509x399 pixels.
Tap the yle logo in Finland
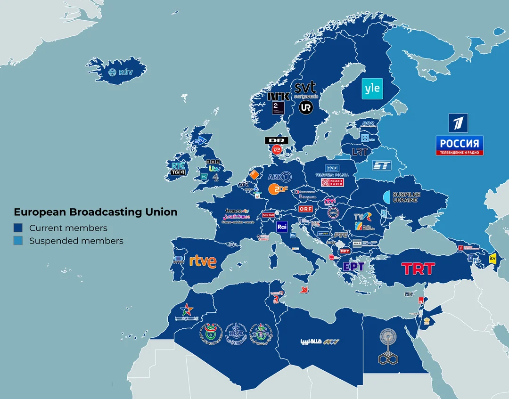point(372,89)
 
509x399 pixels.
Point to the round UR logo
point(306,107)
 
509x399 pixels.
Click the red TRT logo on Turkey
point(418,269)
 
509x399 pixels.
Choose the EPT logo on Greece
point(353,267)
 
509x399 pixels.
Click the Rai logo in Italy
point(282,227)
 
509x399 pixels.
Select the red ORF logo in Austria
point(305,209)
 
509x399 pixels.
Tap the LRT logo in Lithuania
point(360,152)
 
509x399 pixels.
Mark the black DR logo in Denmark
point(277,140)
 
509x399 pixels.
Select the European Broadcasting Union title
point(96,212)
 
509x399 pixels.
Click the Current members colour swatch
point(18,228)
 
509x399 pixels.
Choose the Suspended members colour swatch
point(18,241)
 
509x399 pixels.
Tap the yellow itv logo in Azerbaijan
point(493,258)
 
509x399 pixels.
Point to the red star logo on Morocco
point(187,310)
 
